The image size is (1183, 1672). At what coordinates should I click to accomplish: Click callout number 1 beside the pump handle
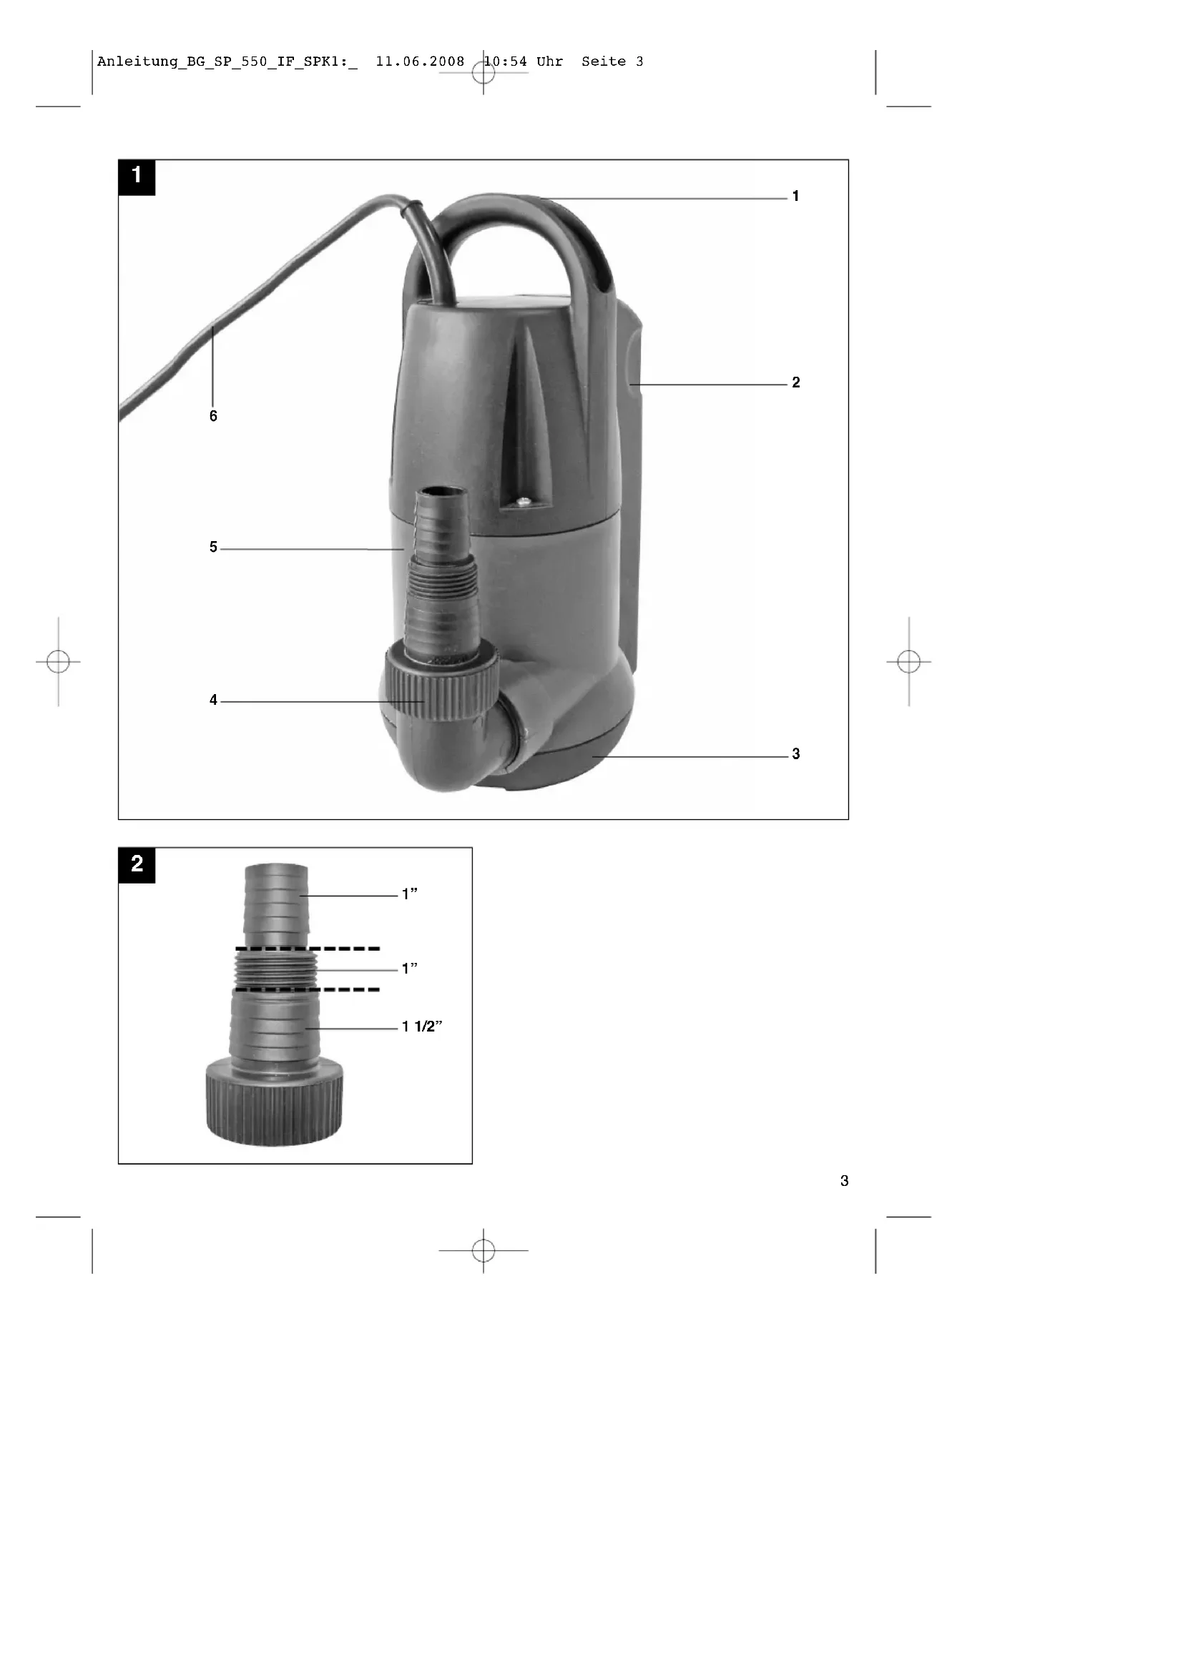point(795,196)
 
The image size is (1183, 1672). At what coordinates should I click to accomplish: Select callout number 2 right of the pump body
point(795,382)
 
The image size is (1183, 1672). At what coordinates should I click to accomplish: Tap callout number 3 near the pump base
point(795,753)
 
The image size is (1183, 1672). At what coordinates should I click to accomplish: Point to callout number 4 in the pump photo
point(213,700)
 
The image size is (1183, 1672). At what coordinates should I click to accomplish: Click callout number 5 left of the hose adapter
point(213,547)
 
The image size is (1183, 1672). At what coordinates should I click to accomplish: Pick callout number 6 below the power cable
point(213,416)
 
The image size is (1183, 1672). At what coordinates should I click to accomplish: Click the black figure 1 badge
point(137,178)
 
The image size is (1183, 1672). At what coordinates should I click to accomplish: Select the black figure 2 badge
point(137,865)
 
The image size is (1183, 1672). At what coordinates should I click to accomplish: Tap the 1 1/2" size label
point(423,1026)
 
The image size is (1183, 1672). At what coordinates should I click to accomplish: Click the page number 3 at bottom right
point(844,1180)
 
